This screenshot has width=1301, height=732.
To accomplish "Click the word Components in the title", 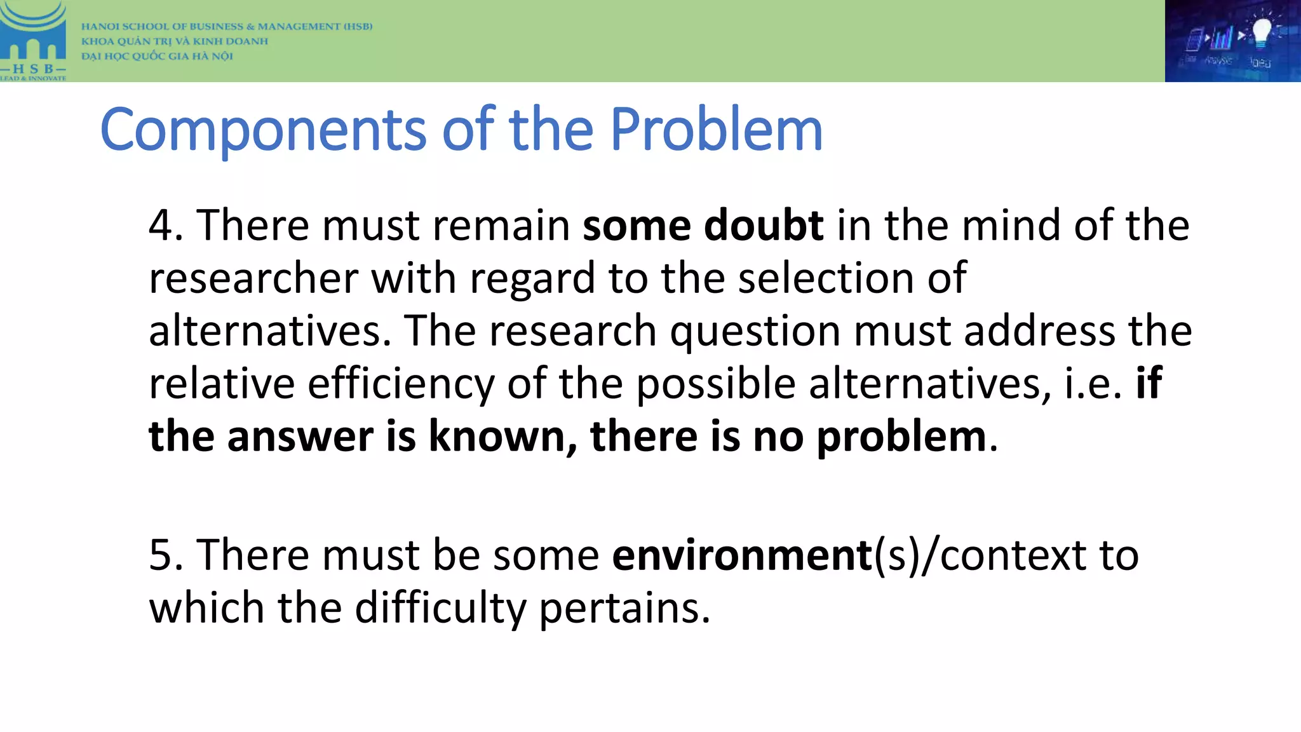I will click(x=263, y=130).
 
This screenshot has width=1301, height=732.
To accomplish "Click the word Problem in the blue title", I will click(x=716, y=130).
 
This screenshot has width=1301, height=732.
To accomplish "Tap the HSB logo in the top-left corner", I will click(x=33, y=41).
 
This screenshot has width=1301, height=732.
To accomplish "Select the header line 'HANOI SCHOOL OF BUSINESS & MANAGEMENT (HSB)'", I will click(x=227, y=27).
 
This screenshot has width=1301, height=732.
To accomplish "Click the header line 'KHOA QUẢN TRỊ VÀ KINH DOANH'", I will click(x=175, y=41).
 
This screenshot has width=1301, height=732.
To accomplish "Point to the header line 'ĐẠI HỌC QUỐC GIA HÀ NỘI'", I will click(x=157, y=56).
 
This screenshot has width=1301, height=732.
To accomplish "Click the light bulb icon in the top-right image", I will click(x=1260, y=32).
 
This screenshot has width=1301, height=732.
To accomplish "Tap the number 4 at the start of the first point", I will click(x=160, y=226).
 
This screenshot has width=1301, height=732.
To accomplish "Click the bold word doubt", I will click(x=764, y=226).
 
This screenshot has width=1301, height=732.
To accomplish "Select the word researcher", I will click(x=253, y=279).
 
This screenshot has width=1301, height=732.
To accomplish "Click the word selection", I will click(x=825, y=278).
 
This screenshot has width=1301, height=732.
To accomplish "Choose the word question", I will click(x=755, y=332).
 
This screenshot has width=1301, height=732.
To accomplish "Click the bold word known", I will click(x=497, y=437).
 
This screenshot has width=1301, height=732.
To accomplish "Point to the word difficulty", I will click(x=440, y=608).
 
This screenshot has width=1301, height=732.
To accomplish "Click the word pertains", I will click(x=624, y=608).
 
